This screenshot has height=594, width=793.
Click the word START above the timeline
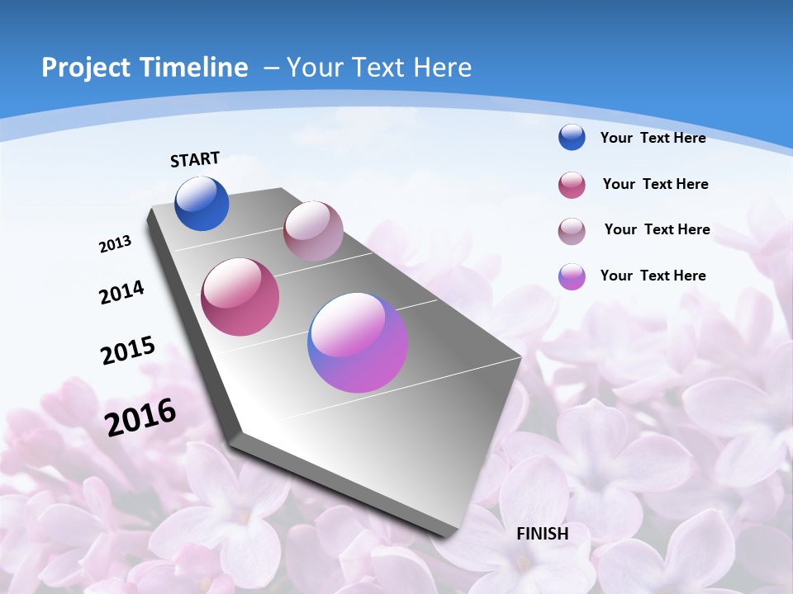pos(195,159)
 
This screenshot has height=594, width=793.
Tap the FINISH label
pos(543,534)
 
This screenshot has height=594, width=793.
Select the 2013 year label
pos(115,244)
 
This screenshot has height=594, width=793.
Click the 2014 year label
pos(121,292)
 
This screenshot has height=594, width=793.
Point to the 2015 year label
pos(127,351)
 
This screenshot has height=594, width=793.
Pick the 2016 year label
pos(140,417)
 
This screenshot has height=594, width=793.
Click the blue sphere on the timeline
pos(202,203)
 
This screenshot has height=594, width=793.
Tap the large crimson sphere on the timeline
pos(240,297)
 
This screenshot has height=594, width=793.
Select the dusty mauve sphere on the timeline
pos(313,231)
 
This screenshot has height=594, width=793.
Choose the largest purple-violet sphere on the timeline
pos(358,342)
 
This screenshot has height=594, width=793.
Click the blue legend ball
pos(572,137)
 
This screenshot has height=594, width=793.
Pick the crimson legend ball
pos(572,185)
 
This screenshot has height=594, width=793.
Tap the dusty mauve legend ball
pos(572,230)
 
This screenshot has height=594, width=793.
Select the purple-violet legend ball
pos(572,276)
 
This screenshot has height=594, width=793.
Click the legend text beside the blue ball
pos(653,138)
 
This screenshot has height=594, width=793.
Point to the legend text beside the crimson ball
pos(655,184)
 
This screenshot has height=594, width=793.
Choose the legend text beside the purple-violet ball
pos(653,276)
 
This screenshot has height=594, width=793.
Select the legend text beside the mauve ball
pos(657,229)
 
